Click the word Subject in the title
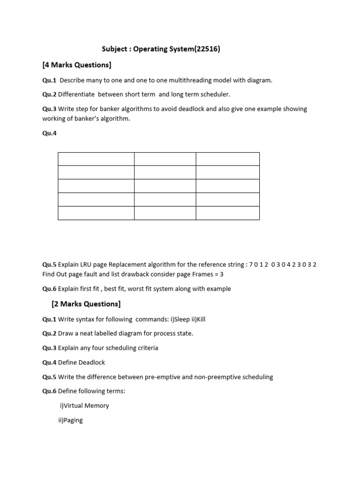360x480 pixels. coord(115,49)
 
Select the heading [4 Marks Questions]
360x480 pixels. coord(77,65)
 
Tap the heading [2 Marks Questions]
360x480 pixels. coord(86,304)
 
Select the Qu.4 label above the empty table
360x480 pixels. coord(49,133)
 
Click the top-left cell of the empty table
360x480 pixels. coord(96,159)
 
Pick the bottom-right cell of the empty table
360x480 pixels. coord(227,213)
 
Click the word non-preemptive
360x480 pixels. coord(208,377)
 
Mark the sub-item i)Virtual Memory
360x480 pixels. coord(84,405)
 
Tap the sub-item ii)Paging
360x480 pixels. coord(70,420)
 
